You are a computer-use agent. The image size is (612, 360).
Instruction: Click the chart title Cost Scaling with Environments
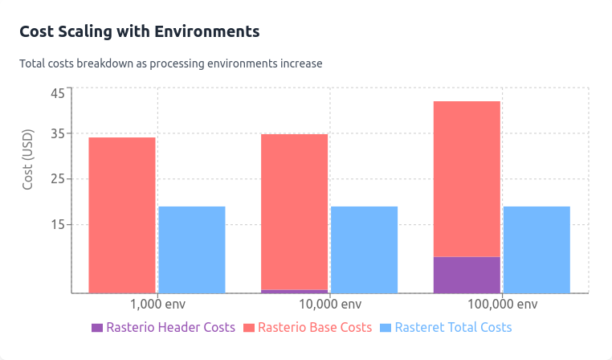[139, 31]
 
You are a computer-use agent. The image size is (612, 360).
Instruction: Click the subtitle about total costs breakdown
[170, 63]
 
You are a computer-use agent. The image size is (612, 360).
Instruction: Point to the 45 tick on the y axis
[58, 93]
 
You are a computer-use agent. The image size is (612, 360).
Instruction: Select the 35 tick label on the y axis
[58, 133]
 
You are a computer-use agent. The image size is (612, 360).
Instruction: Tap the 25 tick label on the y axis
[58, 179]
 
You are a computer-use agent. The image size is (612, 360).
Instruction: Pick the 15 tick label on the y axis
[58, 224]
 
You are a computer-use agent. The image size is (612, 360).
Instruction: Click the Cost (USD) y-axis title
[28, 159]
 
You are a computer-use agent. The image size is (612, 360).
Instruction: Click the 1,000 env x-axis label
[157, 305]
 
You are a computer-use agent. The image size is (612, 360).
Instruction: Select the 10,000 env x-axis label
[329, 305]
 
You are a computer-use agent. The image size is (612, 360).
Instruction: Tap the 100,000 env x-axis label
[502, 305]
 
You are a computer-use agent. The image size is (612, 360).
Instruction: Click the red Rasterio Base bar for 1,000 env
[122, 215]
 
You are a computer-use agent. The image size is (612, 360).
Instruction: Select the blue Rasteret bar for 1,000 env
[192, 249]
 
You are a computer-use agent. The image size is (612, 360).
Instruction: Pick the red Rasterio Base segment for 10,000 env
[294, 211]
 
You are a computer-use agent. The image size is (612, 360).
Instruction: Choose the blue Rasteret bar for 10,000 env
[364, 249]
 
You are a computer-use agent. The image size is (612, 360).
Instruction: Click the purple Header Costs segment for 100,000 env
[467, 275]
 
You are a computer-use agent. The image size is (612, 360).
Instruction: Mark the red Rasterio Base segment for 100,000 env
[467, 178]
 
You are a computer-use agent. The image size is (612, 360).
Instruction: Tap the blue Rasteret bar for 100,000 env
[537, 249]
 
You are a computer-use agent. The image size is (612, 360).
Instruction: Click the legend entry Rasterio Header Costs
[163, 328]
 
